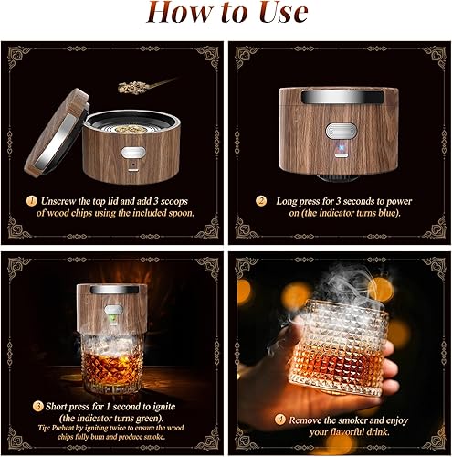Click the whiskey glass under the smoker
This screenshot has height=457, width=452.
pyautogui.click(x=115, y=367)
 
